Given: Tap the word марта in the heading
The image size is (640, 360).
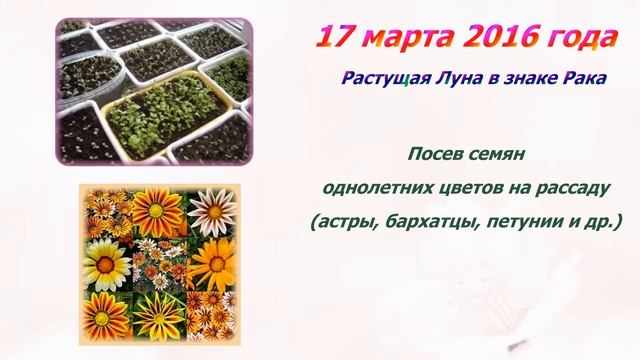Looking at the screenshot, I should pyautogui.click(x=402, y=38).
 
